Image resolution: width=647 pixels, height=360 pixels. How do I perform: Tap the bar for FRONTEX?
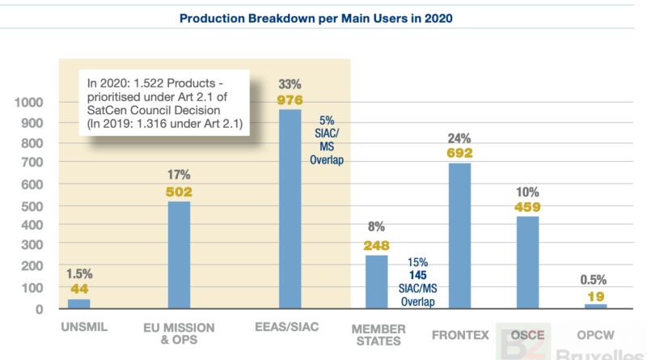(459, 235)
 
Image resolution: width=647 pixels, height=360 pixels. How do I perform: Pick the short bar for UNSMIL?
(78, 303)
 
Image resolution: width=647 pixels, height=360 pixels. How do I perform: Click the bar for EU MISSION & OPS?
(179, 254)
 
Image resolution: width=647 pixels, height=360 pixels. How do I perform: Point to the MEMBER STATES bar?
(376, 282)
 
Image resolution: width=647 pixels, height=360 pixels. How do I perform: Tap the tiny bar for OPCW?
(594, 306)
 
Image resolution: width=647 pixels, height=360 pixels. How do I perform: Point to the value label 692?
(459, 152)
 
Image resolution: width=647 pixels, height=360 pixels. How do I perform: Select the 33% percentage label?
(290, 84)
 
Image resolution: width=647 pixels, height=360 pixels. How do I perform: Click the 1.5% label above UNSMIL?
(78, 273)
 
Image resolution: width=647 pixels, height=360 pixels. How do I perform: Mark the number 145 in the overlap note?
(417, 276)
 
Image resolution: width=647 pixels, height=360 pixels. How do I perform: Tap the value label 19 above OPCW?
(594, 296)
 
